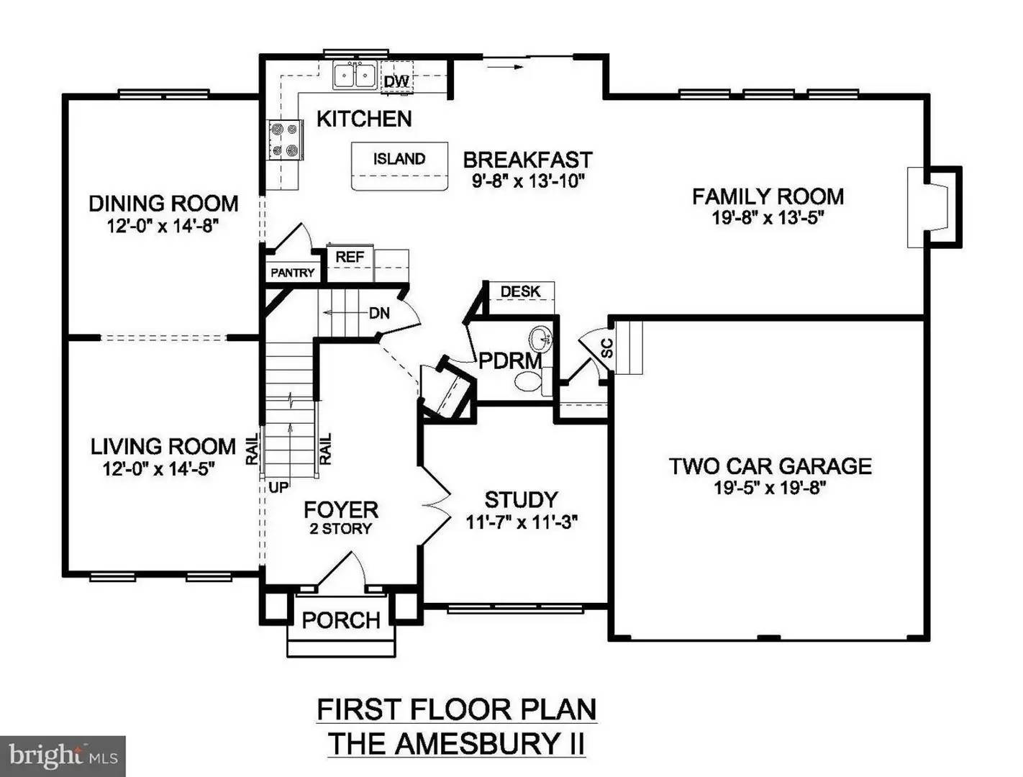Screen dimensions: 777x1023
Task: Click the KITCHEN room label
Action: [x=364, y=119]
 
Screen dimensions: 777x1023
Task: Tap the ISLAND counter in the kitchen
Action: [x=399, y=165]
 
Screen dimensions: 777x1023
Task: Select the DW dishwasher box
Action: [x=396, y=81]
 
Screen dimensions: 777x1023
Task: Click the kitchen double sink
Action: [x=355, y=75]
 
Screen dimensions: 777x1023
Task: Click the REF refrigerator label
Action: [x=350, y=257]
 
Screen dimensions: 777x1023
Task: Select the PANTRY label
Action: [x=293, y=273]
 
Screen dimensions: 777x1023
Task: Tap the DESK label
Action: [x=520, y=291]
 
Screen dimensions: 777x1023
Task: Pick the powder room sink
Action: [x=540, y=337]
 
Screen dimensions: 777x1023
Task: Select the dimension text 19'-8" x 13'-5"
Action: [x=768, y=218]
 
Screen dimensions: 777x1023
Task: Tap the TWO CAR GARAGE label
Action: [x=770, y=466]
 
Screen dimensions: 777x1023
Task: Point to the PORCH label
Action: [x=341, y=620]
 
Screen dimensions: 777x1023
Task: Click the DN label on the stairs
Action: [x=379, y=313]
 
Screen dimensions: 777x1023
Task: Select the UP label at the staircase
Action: [x=278, y=488]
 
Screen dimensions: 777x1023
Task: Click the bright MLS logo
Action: [x=63, y=756]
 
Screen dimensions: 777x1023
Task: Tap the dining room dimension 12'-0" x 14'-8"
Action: [x=163, y=226]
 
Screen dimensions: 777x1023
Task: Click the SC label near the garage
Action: [x=606, y=348]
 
